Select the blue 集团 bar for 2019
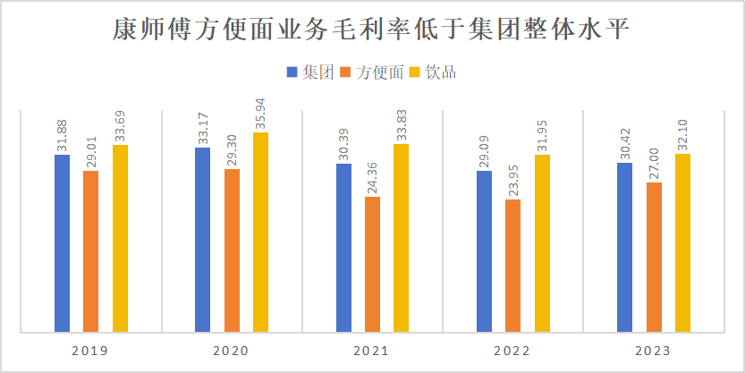tap(62, 242)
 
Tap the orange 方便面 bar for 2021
tap(372, 263)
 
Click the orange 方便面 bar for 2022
tap(512, 265)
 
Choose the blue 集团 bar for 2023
tap(624, 246)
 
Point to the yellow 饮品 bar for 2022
tap(542, 242)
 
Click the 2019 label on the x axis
tap(90, 351)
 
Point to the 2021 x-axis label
tap(372, 351)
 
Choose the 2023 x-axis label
tap(654, 351)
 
